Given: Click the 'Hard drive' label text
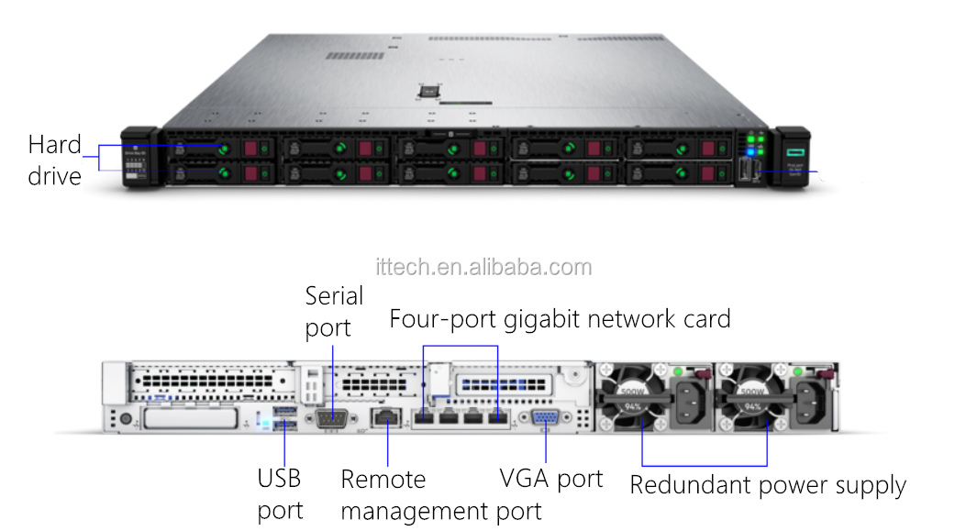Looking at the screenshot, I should click(54, 160).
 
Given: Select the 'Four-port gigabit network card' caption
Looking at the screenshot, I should click(560, 319).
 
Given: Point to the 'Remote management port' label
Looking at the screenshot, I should click(440, 494).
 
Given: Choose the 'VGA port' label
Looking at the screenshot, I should click(550, 478).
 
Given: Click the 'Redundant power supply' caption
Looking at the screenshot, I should click(767, 485).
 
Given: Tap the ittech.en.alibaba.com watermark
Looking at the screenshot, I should click(483, 267).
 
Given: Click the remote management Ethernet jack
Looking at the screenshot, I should click(388, 418).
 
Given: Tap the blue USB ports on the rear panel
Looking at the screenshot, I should click(283, 422).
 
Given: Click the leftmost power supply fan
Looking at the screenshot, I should click(633, 396).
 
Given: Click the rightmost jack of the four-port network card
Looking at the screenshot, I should click(496, 418).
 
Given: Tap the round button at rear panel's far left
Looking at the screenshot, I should click(125, 419).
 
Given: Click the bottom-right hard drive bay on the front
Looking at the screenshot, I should click(680, 172).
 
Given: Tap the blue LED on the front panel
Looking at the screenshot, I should click(750, 152).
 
